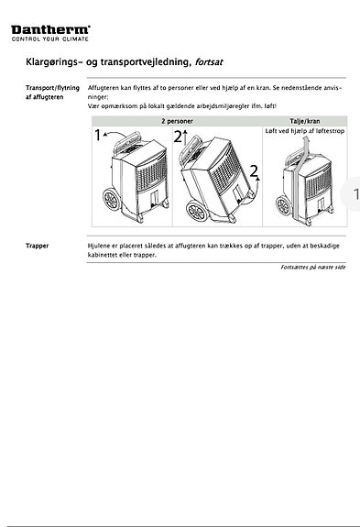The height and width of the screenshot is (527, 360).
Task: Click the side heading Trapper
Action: click(38, 247)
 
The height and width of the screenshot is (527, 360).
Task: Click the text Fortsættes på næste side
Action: click(312, 268)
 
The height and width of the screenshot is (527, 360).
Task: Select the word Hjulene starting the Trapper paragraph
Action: click(100, 247)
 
